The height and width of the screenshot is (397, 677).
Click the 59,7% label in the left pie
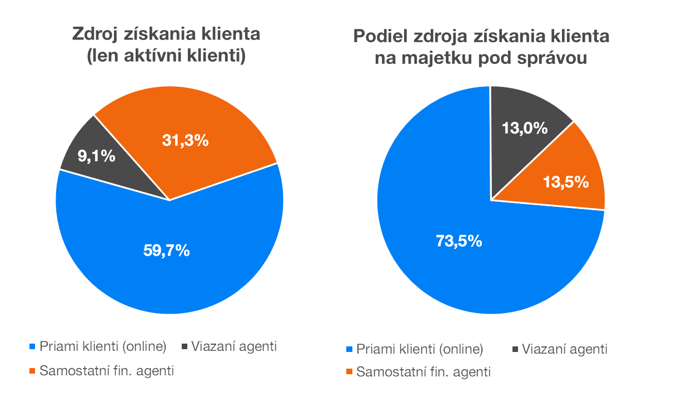click(167, 251)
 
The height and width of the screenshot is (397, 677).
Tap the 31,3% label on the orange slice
click(186, 141)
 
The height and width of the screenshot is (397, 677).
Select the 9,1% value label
click(96, 157)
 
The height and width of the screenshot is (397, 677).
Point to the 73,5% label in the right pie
click(459, 241)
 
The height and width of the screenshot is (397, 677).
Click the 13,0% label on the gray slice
click(525, 128)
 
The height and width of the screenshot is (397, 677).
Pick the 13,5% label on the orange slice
click(566, 182)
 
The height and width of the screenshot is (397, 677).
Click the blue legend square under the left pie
click(32, 347)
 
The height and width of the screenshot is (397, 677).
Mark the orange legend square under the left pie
click(32, 371)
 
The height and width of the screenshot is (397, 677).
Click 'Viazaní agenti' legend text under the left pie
click(234, 346)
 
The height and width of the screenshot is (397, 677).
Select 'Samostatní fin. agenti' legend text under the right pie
click(424, 373)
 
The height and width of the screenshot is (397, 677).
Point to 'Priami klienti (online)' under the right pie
click(420, 350)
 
